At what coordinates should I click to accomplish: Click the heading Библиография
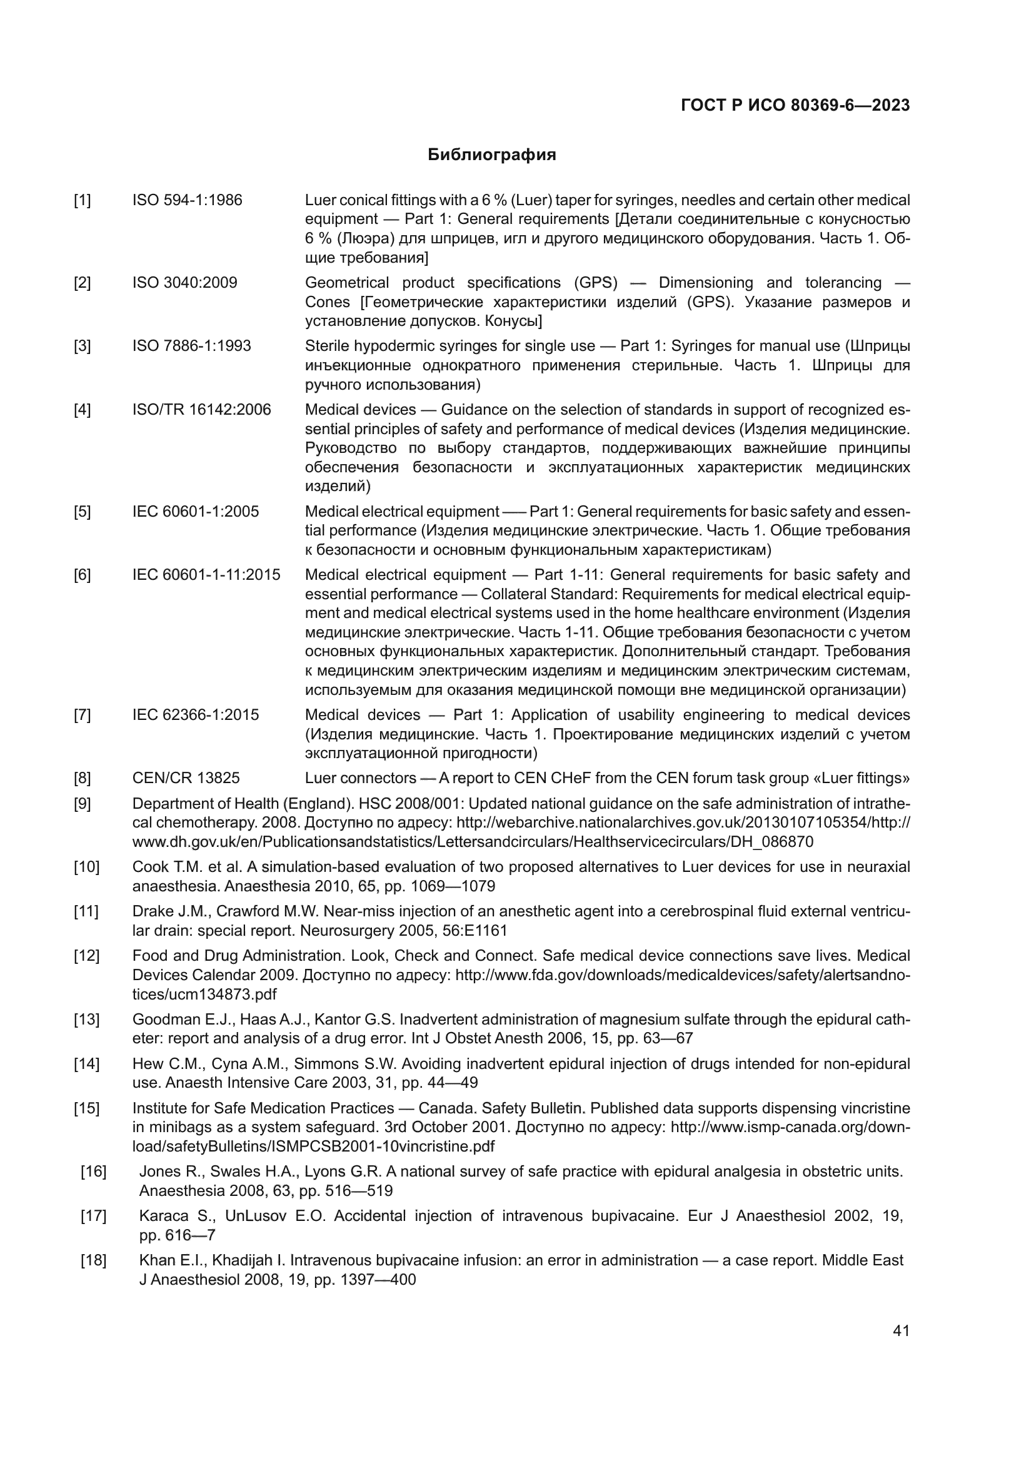tap(491, 155)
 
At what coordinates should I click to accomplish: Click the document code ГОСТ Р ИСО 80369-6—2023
tap(795, 106)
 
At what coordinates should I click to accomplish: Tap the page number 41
tap(901, 1330)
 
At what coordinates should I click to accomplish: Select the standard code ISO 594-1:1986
tap(187, 200)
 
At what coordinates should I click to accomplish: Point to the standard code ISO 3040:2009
tap(184, 282)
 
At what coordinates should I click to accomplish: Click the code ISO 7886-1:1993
tap(192, 346)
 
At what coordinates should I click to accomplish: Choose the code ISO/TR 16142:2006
tap(201, 410)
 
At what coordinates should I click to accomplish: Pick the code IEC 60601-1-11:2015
tap(206, 575)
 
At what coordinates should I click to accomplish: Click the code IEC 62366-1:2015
tap(196, 715)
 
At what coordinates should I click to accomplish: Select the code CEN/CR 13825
tap(186, 778)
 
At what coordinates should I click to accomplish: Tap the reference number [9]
tap(82, 804)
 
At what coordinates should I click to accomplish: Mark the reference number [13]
tap(87, 1020)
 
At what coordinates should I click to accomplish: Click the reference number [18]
tap(93, 1260)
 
